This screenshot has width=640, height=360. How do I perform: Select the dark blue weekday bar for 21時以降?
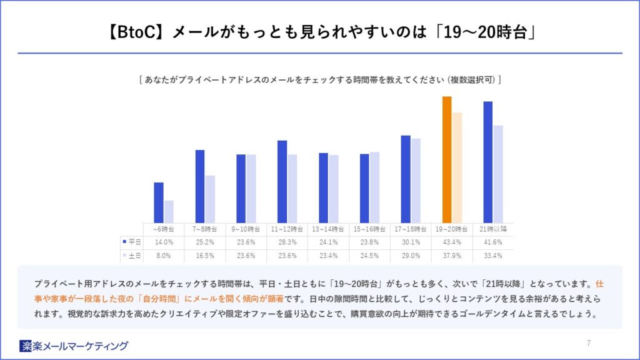click(x=488, y=162)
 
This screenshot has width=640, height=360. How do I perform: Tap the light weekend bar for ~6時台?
click(x=169, y=211)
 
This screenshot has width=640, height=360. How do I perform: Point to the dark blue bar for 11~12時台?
click(x=282, y=181)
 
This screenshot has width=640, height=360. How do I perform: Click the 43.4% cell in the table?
click(x=452, y=242)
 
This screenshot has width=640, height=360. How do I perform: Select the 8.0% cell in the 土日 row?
click(x=163, y=256)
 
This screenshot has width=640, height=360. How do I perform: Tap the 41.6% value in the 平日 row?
click(x=493, y=242)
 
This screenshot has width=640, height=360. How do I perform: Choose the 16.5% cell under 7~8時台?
click(x=204, y=256)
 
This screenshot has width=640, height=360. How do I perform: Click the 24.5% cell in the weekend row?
click(x=369, y=256)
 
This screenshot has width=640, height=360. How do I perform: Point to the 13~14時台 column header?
click(x=328, y=229)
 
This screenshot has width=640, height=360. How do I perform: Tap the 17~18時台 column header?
click(x=411, y=229)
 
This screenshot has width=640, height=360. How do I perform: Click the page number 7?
click(x=589, y=342)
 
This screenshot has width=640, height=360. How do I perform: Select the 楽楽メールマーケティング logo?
click(x=74, y=346)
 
